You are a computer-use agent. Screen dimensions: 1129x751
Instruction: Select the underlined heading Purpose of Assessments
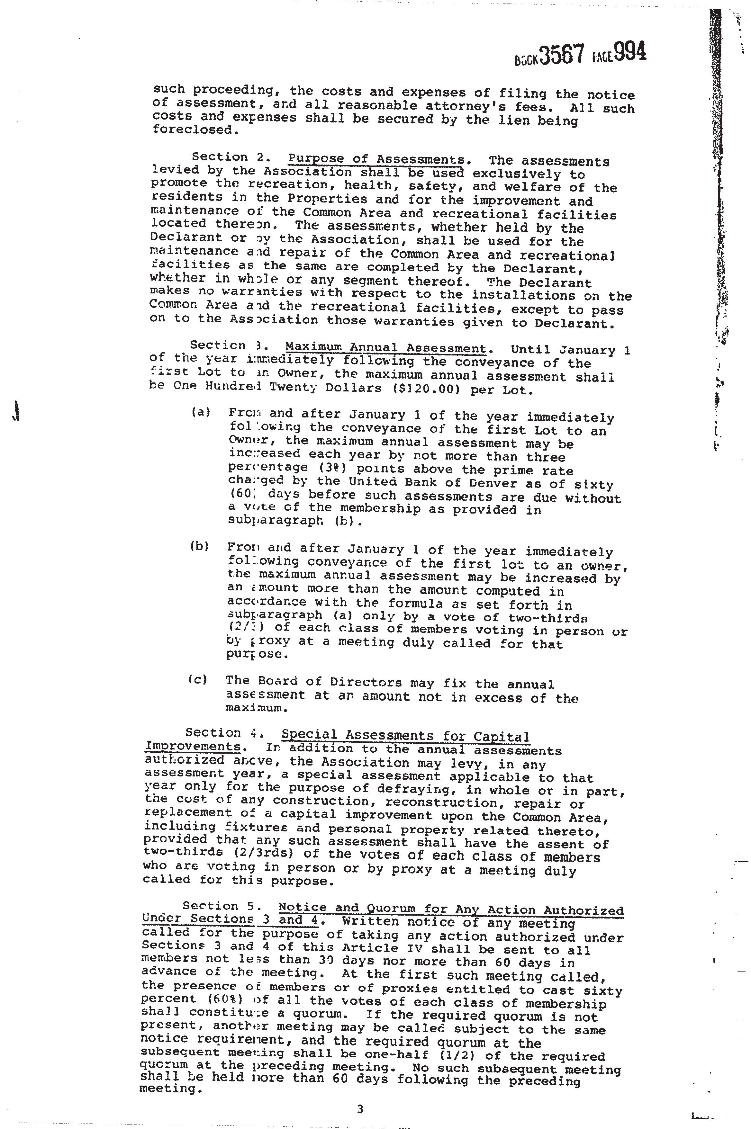pos(376,159)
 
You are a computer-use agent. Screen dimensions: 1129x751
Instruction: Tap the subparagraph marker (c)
pos(198,679)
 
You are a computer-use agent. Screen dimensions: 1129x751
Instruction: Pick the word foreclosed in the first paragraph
pos(188,129)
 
